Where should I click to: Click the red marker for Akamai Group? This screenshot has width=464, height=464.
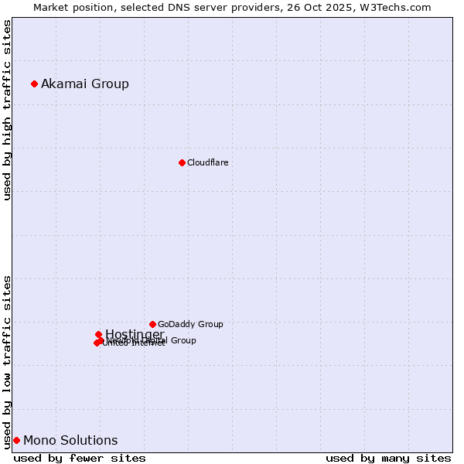34,84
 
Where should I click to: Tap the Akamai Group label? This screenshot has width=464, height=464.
85,84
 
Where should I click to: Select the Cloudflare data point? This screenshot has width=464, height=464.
182,162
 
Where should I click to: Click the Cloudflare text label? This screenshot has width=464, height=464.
207,162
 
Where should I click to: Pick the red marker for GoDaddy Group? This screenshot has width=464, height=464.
152,324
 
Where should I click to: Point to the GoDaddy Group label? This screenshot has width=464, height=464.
190,324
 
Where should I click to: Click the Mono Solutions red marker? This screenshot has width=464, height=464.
16,440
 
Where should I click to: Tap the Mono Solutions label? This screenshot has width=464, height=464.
70,440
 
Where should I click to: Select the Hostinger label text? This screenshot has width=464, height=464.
135,334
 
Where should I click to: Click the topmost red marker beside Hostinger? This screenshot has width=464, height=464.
98,334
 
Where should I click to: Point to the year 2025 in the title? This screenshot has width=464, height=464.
341,7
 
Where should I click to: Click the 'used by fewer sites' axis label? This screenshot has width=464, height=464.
80,458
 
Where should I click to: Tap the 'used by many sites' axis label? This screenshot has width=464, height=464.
388,458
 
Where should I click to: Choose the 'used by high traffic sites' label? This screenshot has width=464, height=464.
7,110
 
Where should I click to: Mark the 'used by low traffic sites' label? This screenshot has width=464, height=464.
7,362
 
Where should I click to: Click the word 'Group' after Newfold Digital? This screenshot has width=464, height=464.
183,340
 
